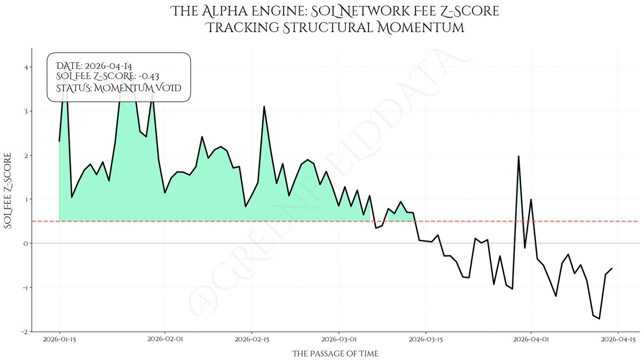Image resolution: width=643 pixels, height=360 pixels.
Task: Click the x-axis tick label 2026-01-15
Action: click(59, 339)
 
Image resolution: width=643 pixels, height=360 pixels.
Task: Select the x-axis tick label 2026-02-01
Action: click(165, 339)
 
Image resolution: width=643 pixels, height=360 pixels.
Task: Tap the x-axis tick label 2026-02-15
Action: click(252, 339)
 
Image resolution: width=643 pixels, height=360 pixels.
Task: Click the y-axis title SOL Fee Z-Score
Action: click(9, 191)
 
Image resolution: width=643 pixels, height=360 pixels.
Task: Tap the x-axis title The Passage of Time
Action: click(335, 354)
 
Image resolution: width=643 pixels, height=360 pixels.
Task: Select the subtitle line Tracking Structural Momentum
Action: click(335, 27)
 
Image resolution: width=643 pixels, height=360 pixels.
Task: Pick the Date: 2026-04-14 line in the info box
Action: click(94, 66)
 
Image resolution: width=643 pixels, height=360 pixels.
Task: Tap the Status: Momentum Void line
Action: click(119, 88)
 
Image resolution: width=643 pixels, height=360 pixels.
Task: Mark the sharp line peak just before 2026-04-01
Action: click(519, 156)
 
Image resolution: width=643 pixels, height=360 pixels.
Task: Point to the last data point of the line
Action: click(612, 268)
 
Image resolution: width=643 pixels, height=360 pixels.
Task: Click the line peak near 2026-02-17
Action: click(264, 107)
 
